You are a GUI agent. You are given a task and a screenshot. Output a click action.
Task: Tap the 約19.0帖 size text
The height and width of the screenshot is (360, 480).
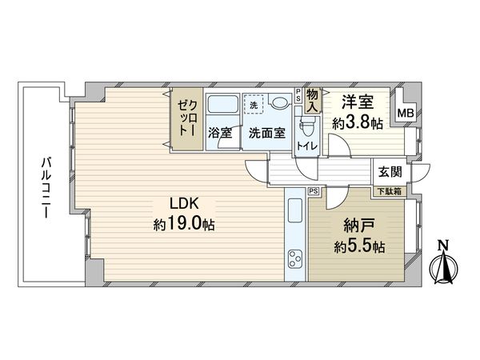183,225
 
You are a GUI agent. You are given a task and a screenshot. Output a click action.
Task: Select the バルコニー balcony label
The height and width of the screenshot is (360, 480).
47,183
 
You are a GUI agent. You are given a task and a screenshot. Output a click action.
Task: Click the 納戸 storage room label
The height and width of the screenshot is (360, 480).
358,225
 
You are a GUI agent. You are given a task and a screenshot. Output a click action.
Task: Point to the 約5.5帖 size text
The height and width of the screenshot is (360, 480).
358,246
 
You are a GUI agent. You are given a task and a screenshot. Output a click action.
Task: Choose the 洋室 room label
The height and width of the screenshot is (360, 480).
357,102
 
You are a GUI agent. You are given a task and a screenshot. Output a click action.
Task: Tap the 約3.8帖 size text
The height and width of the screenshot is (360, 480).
357,123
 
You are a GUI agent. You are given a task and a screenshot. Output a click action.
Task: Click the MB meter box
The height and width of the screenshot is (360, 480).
406,114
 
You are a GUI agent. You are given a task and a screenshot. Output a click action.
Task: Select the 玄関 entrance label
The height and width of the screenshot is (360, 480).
390,170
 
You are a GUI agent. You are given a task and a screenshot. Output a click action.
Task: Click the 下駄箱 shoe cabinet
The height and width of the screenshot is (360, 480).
390,191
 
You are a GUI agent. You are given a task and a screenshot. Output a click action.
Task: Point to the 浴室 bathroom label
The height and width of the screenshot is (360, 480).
220,133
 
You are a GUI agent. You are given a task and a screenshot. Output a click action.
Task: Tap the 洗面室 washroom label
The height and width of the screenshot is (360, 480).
266,133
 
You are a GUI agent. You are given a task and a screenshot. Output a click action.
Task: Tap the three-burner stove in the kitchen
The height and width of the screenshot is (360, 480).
294,260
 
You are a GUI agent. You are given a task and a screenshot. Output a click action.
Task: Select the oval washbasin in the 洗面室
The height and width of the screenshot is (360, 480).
279,103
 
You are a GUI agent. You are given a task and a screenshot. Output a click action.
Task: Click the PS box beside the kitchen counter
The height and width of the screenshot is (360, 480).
313,192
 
